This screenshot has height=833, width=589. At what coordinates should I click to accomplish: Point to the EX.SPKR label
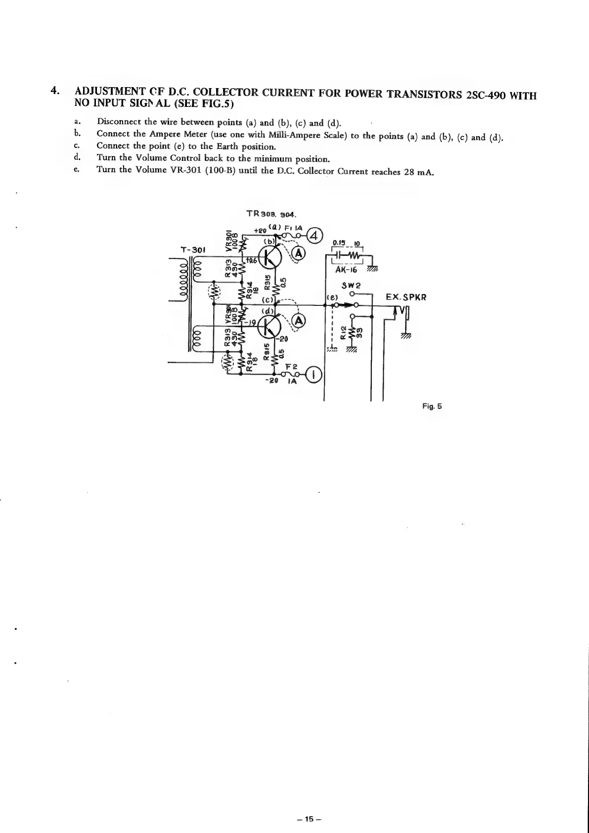coord(407,297)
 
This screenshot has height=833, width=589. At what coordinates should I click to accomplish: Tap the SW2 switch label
coord(350,286)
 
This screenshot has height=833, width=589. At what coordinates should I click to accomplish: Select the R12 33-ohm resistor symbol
coord(352,335)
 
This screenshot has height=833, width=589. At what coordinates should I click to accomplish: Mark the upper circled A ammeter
coord(298,253)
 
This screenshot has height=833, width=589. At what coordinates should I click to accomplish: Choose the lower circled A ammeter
coord(298,322)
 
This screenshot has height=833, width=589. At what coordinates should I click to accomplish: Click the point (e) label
coord(331,297)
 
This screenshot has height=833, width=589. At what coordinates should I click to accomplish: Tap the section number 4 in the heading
coord(55,91)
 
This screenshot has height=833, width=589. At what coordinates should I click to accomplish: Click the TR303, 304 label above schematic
coord(271,214)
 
